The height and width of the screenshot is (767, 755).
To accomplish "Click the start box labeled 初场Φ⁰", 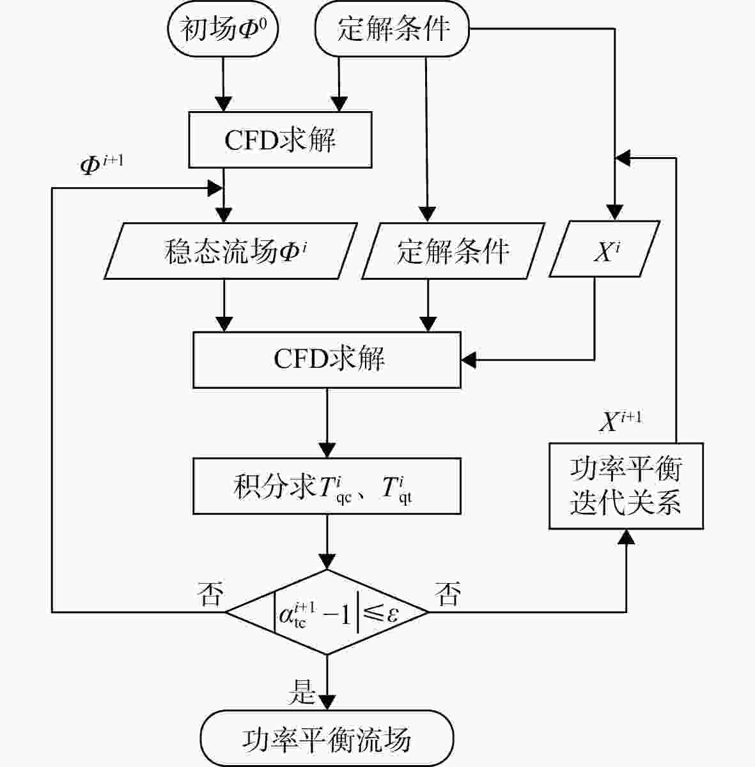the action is [x=223, y=29].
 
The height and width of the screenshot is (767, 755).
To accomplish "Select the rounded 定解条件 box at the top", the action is [x=392, y=29].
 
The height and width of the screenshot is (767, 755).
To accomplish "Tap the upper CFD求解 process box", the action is [x=280, y=140].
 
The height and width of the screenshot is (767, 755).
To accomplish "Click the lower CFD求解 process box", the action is [x=327, y=360].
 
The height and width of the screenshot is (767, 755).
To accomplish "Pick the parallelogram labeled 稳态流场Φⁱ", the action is [x=230, y=251].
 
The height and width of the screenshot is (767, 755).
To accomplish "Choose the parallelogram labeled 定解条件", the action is [x=453, y=251].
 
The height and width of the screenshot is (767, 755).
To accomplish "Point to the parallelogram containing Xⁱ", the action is [x=604, y=249].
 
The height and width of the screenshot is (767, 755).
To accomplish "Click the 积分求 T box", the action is [x=327, y=486].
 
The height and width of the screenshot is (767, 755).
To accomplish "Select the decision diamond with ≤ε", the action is [x=327, y=612].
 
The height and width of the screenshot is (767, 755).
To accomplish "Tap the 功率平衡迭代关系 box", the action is [x=626, y=486].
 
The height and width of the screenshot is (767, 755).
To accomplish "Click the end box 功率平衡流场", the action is [x=327, y=738].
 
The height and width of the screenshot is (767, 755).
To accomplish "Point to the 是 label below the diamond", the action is [x=302, y=692].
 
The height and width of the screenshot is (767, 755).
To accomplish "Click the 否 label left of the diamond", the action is [x=210, y=594].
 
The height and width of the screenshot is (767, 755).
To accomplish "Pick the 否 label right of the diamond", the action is [x=448, y=594].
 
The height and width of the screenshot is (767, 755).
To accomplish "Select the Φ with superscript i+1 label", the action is [x=102, y=164].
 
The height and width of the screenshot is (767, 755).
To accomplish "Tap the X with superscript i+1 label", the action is [x=620, y=421].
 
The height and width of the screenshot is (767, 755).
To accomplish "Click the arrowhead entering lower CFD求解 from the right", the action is [x=469, y=360].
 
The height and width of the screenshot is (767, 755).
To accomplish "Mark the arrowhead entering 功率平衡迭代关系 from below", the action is [x=626, y=537].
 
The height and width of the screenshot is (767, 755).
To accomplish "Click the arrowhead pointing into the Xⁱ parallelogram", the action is [x=614, y=213].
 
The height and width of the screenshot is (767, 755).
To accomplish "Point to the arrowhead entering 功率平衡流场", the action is [x=327, y=702].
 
